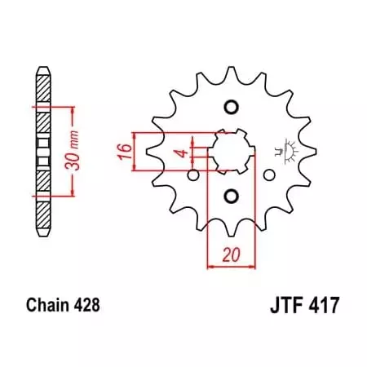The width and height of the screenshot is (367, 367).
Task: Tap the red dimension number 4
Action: click(x=185, y=151)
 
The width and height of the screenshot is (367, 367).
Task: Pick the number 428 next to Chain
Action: click(x=86, y=307)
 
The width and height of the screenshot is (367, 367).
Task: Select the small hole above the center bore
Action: click(x=231, y=108)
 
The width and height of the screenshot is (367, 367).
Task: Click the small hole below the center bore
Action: click(x=231, y=194)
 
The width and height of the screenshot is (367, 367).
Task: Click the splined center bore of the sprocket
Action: click(x=231, y=151)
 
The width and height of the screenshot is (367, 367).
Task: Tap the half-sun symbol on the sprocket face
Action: click(x=285, y=151)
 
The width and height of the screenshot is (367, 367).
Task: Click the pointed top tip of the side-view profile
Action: click(x=43, y=68)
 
